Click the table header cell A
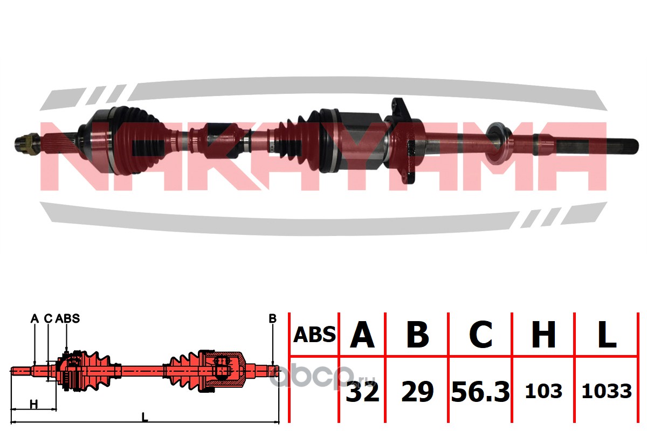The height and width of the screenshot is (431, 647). pyautogui.click(x=362, y=335)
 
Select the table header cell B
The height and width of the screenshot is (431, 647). pyautogui.click(x=418, y=335)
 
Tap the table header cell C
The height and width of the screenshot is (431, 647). pyautogui.click(x=481, y=335)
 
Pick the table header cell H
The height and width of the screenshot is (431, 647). pyautogui.click(x=543, y=335)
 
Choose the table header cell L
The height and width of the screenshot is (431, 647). pyautogui.click(x=607, y=335)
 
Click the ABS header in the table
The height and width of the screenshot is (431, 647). pyautogui.click(x=314, y=335)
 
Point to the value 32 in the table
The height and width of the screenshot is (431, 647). pyautogui.click(x=362, y=392)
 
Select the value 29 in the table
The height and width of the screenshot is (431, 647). pyautogui.click(x=418, y=392)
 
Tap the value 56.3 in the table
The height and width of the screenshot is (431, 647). pyautogui.click(x=480, y=392)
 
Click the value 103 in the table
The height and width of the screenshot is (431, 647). pyautogui.click(x=543, y=392)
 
